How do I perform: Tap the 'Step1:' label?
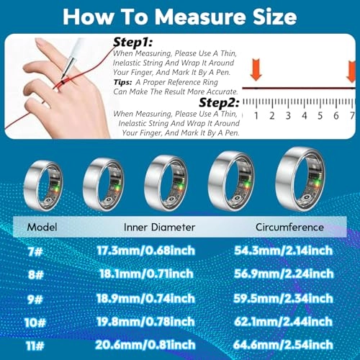click(134, 43)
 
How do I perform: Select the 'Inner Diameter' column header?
click(161, 227)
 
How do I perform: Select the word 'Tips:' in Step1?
click(125, 81)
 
